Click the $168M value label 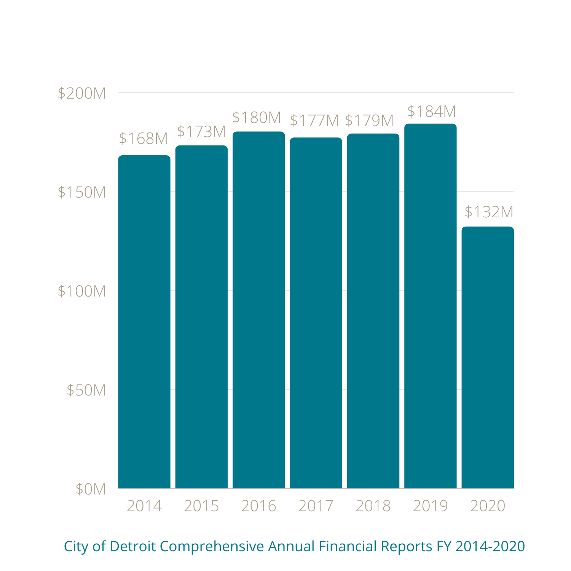click(x=143, y=139)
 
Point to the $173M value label click(x=201, y=132)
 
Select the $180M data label click(x=257, y=118)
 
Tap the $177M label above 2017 click(x=314, y=121)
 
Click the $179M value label click(x=369, y=121)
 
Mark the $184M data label click(x=432, y=112)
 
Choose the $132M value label click(x=489, y=212)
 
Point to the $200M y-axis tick click(x=81, y=93)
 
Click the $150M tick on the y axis click(x=81, y=192)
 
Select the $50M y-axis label click(x=86, y=390)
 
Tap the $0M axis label click(x=91, y=489)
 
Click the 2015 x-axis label click(x=201, y=506)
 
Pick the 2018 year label click(x=373, y=506)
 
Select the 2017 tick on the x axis click(x=316, y=506)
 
